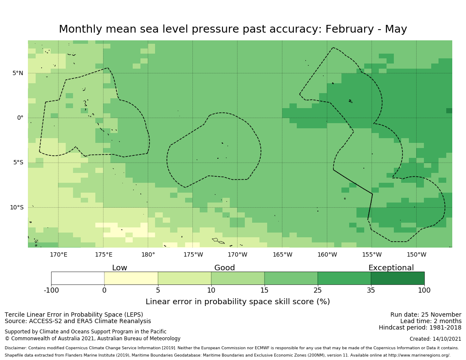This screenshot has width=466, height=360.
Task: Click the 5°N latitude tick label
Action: [18, 73]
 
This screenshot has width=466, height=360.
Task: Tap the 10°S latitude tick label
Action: [17, 208]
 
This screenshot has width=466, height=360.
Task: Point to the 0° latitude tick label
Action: [20, 118]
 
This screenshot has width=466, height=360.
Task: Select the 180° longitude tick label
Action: [148, 255]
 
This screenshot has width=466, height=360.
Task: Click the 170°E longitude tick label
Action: [58, 255]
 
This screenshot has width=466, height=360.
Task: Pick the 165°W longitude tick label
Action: [282, 255]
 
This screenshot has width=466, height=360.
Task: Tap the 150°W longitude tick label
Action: [416, 255]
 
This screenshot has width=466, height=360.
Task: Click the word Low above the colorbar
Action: [119, 268]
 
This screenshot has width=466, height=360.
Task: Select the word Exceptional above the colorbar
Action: [391, 268]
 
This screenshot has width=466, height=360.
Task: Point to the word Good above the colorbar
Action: [225, 268]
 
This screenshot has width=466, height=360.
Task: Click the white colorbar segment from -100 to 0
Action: [78, 278]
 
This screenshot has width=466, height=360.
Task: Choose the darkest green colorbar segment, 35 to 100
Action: [397, 278]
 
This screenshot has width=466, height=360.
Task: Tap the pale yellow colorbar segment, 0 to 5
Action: [131, 278]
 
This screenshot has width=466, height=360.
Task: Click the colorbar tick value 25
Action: [318, 290]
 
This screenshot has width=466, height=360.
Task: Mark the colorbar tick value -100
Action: [51, 290]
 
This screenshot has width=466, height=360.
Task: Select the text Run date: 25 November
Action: [426, 315]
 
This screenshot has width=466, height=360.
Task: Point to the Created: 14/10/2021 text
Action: [435, 339]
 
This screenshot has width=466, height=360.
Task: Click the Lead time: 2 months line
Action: [431, 321]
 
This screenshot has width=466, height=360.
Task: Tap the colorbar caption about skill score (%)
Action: [238, 302]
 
